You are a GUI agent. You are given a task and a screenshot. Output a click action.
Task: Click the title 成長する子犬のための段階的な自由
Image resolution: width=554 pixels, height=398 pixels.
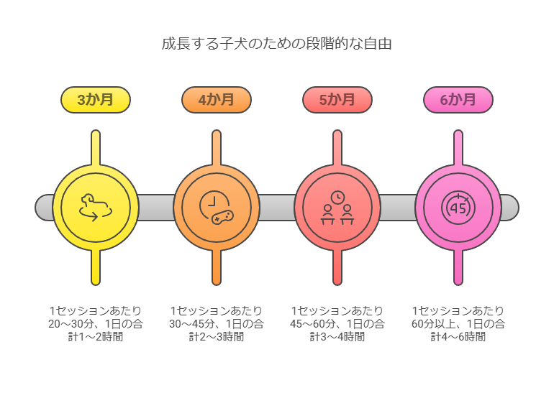tap(277, 44)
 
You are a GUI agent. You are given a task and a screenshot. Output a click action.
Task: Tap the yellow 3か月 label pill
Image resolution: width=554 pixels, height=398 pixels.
tap(96, 100)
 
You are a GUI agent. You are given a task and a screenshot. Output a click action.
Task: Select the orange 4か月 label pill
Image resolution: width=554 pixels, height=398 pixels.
tap(217, 100)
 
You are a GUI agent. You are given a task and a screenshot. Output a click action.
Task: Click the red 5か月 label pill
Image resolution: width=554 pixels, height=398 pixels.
tap(337, 100)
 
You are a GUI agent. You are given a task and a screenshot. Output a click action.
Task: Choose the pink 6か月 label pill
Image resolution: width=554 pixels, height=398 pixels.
tap(458, 100)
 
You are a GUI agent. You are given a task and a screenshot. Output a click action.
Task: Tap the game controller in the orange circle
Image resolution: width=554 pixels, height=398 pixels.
tap(222, 218)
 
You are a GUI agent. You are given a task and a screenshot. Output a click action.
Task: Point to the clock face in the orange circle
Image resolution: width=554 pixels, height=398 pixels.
tap(214, 202)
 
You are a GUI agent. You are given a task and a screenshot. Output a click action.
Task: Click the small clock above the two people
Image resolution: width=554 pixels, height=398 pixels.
tap(337, 198)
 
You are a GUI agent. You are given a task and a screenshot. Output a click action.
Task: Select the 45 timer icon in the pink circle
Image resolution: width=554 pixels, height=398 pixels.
tap(458, 208)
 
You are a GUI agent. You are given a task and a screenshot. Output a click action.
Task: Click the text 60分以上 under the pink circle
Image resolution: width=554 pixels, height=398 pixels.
tap(435, 323)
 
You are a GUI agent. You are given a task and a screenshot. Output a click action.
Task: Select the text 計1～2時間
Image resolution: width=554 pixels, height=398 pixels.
tap(96, 337)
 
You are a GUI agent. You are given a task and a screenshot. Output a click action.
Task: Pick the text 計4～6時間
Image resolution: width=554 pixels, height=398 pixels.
tap(458, 337)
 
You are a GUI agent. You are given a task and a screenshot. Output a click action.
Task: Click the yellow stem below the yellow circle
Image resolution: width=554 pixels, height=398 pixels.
tap(96, 267)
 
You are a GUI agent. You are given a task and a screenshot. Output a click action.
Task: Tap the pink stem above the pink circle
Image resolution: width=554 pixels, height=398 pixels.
tap(458, 148)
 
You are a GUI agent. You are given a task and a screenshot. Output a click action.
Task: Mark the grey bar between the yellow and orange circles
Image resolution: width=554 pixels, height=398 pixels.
tap(156, 208)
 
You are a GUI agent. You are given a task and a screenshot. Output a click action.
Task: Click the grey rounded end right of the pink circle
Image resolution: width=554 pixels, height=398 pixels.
tap(510, 208)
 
